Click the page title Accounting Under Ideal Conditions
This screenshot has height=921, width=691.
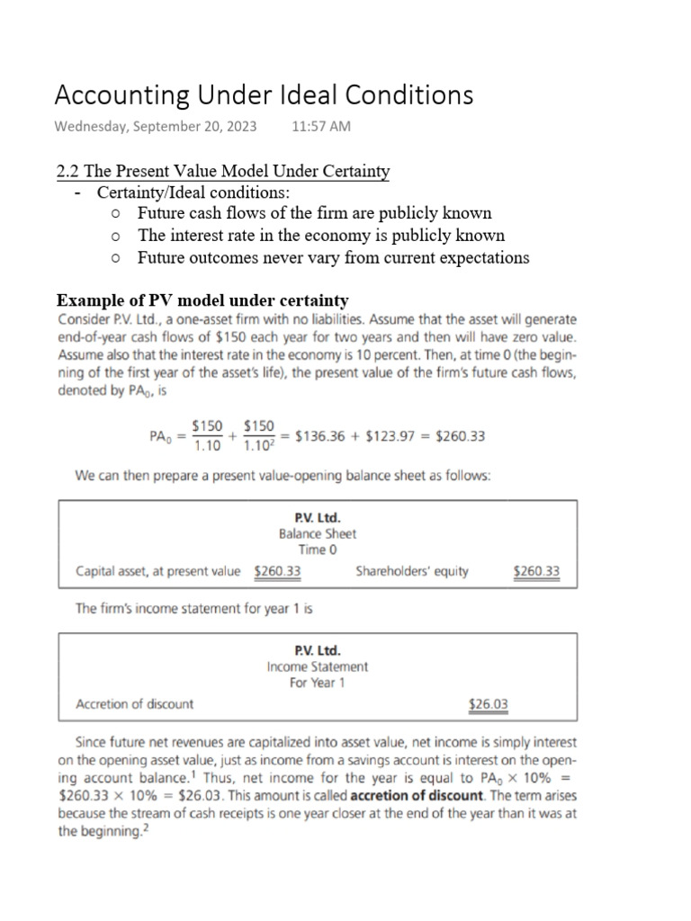264,94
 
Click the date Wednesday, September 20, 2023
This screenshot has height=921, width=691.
156,126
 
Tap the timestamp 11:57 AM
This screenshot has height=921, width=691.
321,126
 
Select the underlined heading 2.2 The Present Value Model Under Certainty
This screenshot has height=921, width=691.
222,172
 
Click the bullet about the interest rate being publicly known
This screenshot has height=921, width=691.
320,236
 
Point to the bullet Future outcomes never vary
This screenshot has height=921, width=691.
333,258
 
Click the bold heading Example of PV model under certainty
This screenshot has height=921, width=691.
202,300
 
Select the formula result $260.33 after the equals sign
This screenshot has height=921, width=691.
460,436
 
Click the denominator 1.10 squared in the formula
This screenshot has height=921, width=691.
261,447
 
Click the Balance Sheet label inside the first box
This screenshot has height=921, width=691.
318,532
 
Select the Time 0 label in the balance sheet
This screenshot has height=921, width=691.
318,549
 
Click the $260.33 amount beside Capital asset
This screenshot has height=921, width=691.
277,571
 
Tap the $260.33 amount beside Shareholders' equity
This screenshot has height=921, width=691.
535,571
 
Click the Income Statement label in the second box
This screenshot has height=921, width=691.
318,666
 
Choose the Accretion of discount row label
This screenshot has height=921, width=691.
134,704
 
